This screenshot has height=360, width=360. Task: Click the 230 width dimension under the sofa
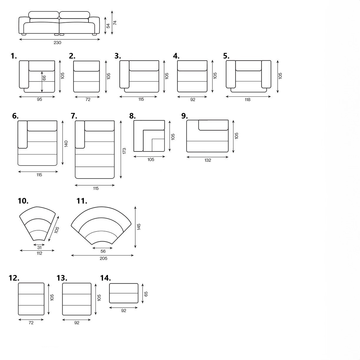click(57, 43)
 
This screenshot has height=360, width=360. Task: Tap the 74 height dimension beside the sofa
click(115, 23)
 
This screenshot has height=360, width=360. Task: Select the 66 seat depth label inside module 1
click(44, 78)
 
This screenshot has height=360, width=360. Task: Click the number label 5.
click(226, 56)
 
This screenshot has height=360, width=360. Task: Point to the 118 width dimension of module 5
click(248, 100)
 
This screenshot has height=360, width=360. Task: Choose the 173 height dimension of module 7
click(124, 151)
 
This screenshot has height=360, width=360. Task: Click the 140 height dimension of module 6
click(66, 144)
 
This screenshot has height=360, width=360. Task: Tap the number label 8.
click(132, 116)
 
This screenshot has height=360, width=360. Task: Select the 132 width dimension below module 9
click(208, 160)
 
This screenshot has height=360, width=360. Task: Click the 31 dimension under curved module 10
click(39, 248)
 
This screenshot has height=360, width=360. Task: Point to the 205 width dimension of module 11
click(103, 258)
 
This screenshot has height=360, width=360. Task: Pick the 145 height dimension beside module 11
click(139, 226)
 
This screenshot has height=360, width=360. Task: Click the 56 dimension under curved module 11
click(103, 251)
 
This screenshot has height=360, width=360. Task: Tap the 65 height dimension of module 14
click(146, 294)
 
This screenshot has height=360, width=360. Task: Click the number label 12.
click(14, 278)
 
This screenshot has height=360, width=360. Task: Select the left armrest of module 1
click(24, 74)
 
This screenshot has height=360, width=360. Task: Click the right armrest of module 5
click(266, 74)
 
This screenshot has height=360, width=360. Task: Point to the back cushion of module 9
click(213, 125)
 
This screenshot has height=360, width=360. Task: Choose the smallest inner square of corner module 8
click(158, 145)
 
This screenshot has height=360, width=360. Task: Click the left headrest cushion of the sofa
click(44, 15)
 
